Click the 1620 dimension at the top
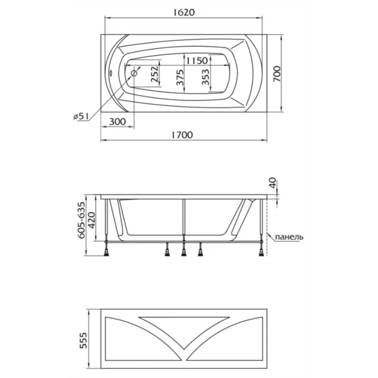click(x=184, y=12)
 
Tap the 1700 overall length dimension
click(x=182, y=135)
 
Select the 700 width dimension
click(x=277, y=73)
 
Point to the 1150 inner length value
click(x=197, y=60)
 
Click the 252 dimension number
click(x=155, y=74)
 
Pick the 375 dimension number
click(x=180, y=77)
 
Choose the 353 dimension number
click(x=205, y=77)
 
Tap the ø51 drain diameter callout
click(x=81, y=116)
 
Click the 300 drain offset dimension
click(x=118, y=122)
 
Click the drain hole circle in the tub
click(x=134, y=73)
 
